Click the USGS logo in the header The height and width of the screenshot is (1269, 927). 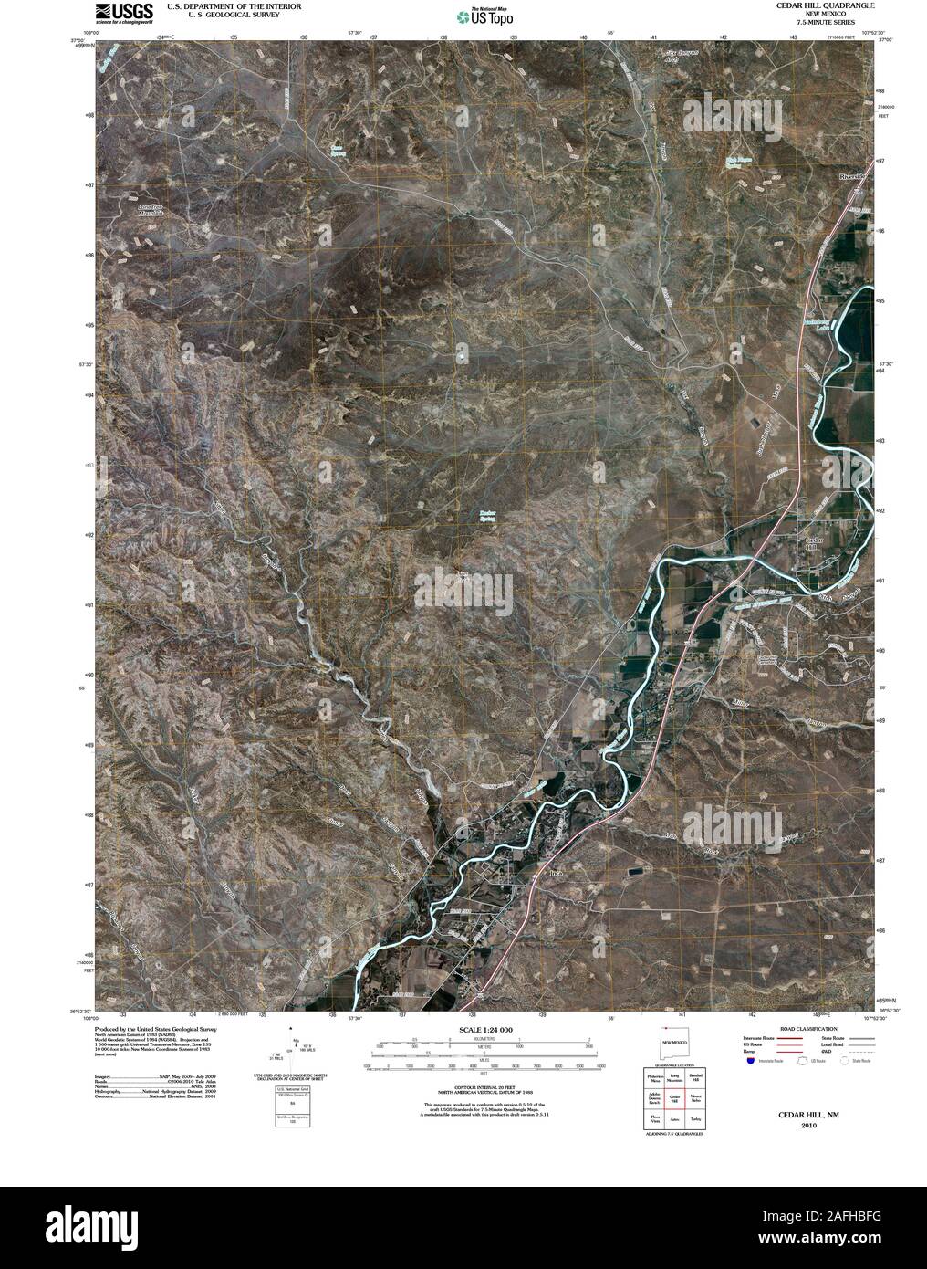click(x=121, y=13)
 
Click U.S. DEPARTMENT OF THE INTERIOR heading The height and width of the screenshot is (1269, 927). click(x=224, y=5)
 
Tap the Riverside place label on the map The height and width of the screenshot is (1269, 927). click(x=858, y=176)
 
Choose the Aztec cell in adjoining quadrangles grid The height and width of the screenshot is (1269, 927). click(x=676, y=1118)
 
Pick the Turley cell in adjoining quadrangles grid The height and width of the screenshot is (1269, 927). click(x=695, y=1118)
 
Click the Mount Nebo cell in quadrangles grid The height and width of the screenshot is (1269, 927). click(x=695, y=1097)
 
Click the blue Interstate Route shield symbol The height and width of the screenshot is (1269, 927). click(x=750, y=1062)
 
